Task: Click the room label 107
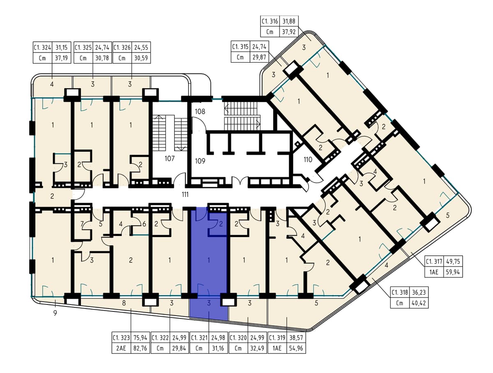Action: click(169, 158)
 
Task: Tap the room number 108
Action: click(200, 112)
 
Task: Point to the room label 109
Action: click(200, 161)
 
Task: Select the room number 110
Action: click(308, 160)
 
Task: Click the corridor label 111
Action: click(185, 195)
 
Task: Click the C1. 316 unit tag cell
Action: click(270, 21)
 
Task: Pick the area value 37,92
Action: click(289, 32)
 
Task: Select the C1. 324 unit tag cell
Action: click(42, 48)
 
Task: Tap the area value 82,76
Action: click(140, 348)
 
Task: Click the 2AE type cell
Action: click(121, 348)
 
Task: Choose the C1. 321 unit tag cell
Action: click(199, 338)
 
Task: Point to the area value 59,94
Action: click(453, 272)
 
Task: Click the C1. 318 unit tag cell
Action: click(400, 292)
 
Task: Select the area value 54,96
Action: click(296, 348)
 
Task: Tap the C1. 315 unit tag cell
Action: click(240, 47)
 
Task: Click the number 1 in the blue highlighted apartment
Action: click(209, 260)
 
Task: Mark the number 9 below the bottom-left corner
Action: click(55, 313)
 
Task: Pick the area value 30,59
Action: click(141, 58)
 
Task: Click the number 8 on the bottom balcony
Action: click(124, 303)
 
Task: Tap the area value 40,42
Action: click(419, 303)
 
